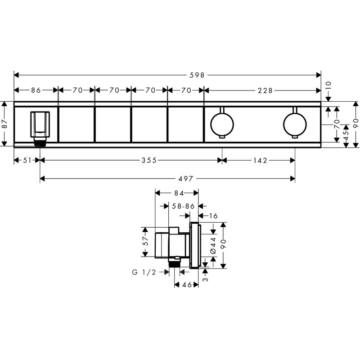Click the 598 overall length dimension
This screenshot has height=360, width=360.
click(196, 75)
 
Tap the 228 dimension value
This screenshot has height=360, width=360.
click(265, 90)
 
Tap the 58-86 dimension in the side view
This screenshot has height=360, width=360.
click(183, 206)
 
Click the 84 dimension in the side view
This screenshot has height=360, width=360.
click(178, 193)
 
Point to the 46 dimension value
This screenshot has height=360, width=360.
click(185, 284)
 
